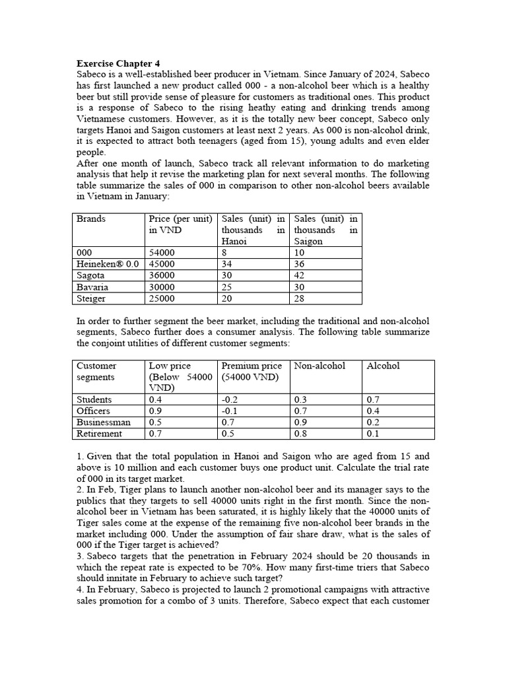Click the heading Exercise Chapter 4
tap(118, 64)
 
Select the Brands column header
tap(90, 219)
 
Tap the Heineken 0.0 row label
tap(108, 264)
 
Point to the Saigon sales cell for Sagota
tap(301, 275)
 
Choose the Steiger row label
tap(91, 298)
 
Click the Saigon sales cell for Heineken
tap(301, 264)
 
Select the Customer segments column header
tap(96, 371)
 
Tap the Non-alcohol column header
tap(320, 366)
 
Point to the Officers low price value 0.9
tap(156, 411)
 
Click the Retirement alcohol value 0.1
tap(373, 434)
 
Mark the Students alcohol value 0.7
tap(373, 399)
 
